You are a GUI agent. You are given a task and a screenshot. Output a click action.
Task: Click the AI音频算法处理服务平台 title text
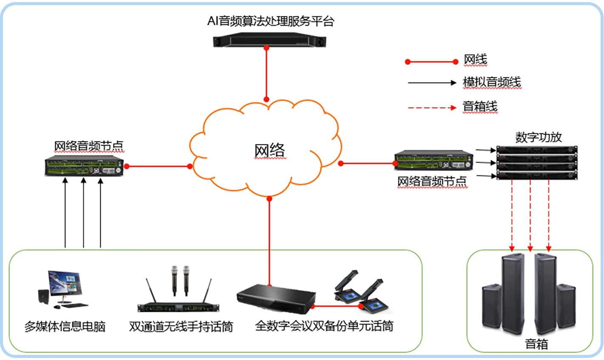(x=271, y=21)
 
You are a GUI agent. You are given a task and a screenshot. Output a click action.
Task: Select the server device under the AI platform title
(x=266, y=41)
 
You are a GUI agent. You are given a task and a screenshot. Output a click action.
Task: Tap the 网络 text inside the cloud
(x=270, y=150)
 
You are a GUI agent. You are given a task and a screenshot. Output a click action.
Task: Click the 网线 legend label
(x=475, y=60)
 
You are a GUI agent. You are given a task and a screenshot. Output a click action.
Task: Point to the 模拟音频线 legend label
(x=491, y=82)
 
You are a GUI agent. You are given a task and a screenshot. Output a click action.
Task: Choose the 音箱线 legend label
(x=480, y=107)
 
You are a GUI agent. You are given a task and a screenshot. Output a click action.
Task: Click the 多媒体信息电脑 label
(x=65, y=326)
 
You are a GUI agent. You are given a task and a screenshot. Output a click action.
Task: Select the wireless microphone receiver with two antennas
(x=178, y=307)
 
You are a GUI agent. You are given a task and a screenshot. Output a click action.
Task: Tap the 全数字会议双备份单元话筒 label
(x=324, y=326)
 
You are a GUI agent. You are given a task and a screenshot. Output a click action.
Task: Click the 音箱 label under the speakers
(x=536, y=344)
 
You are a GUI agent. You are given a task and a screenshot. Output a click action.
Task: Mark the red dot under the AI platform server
(x=266, y=48)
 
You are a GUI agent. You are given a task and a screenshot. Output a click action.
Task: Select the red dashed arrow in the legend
(x=432, y=108)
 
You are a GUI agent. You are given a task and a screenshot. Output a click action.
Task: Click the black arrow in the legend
(x=432, y=82)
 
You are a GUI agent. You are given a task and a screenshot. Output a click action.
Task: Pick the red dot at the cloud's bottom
(x=269, y=198)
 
